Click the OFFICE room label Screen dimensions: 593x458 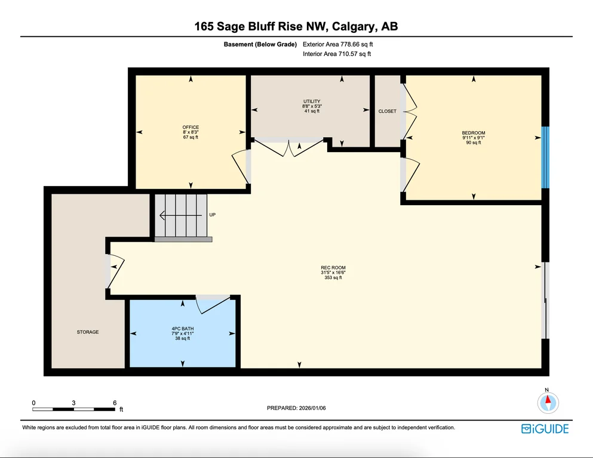click(x=191, y=127)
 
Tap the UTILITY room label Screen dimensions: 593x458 click(x=312, y=101)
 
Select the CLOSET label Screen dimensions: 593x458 click(x=387, y=111)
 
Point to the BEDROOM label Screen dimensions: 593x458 click(x=474, y=133)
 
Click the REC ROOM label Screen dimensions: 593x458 click(x=333, y=268)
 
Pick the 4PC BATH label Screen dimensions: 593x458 click(x=183, y=329)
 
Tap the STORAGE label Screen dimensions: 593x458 click(x=88, y=332)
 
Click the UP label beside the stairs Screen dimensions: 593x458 click(x=213, y=215)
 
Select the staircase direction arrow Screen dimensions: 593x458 click(x=180, y=216)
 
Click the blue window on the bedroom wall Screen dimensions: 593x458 click(x=545, y=157)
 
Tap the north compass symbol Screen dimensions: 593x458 click(x=548, y=403)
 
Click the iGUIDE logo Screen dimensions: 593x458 click(x=545, y=429)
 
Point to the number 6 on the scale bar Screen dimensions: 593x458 click(x=115, y=403)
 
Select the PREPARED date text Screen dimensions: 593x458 click(x=296, y=408)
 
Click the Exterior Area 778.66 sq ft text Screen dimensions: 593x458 click(x=338, y=44)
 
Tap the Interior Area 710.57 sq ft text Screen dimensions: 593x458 click(x=337, y=54)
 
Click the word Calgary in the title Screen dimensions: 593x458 click(x=354, y=26)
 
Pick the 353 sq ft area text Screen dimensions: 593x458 click(x=333, y=277)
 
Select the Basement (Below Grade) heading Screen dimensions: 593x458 click(x=260, y=44)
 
